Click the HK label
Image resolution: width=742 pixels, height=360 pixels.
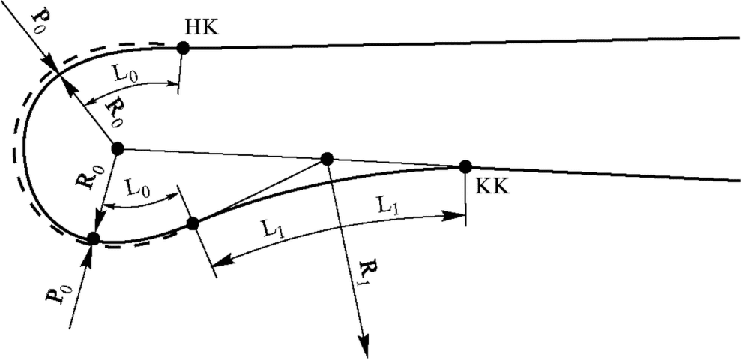[x=203, y=28]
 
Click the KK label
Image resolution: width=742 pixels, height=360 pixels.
[x=492, y=187]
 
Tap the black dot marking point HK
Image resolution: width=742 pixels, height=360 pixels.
[x=183, y=48]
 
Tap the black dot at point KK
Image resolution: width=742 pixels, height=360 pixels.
[x=465, y=166]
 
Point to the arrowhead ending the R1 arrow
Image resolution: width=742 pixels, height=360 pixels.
[x=364, y=345]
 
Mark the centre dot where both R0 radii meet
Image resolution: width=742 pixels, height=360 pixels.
[x=118, y=148]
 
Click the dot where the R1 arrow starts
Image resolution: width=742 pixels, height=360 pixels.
[x=327, y=159]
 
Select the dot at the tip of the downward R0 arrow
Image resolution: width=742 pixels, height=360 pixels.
[x=94, y=238]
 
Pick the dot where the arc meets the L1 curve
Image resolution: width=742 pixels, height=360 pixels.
[x=193, y=223]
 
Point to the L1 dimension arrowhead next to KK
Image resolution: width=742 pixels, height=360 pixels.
[x=454, y=216]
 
